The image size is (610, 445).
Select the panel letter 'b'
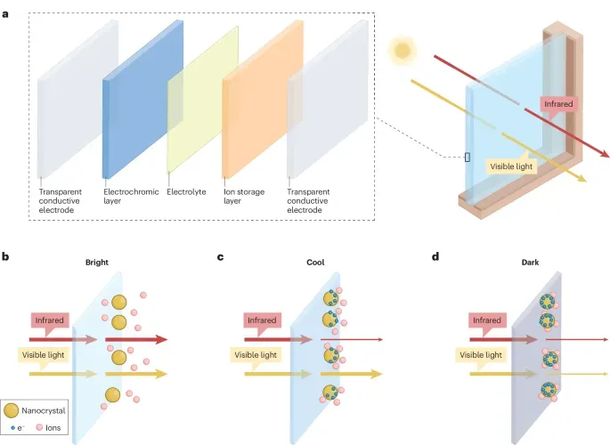click(x=7, y=258)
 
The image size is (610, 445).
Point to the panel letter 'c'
click(x=221, y=258)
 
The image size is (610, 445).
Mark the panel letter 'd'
click(x=435, y=258)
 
